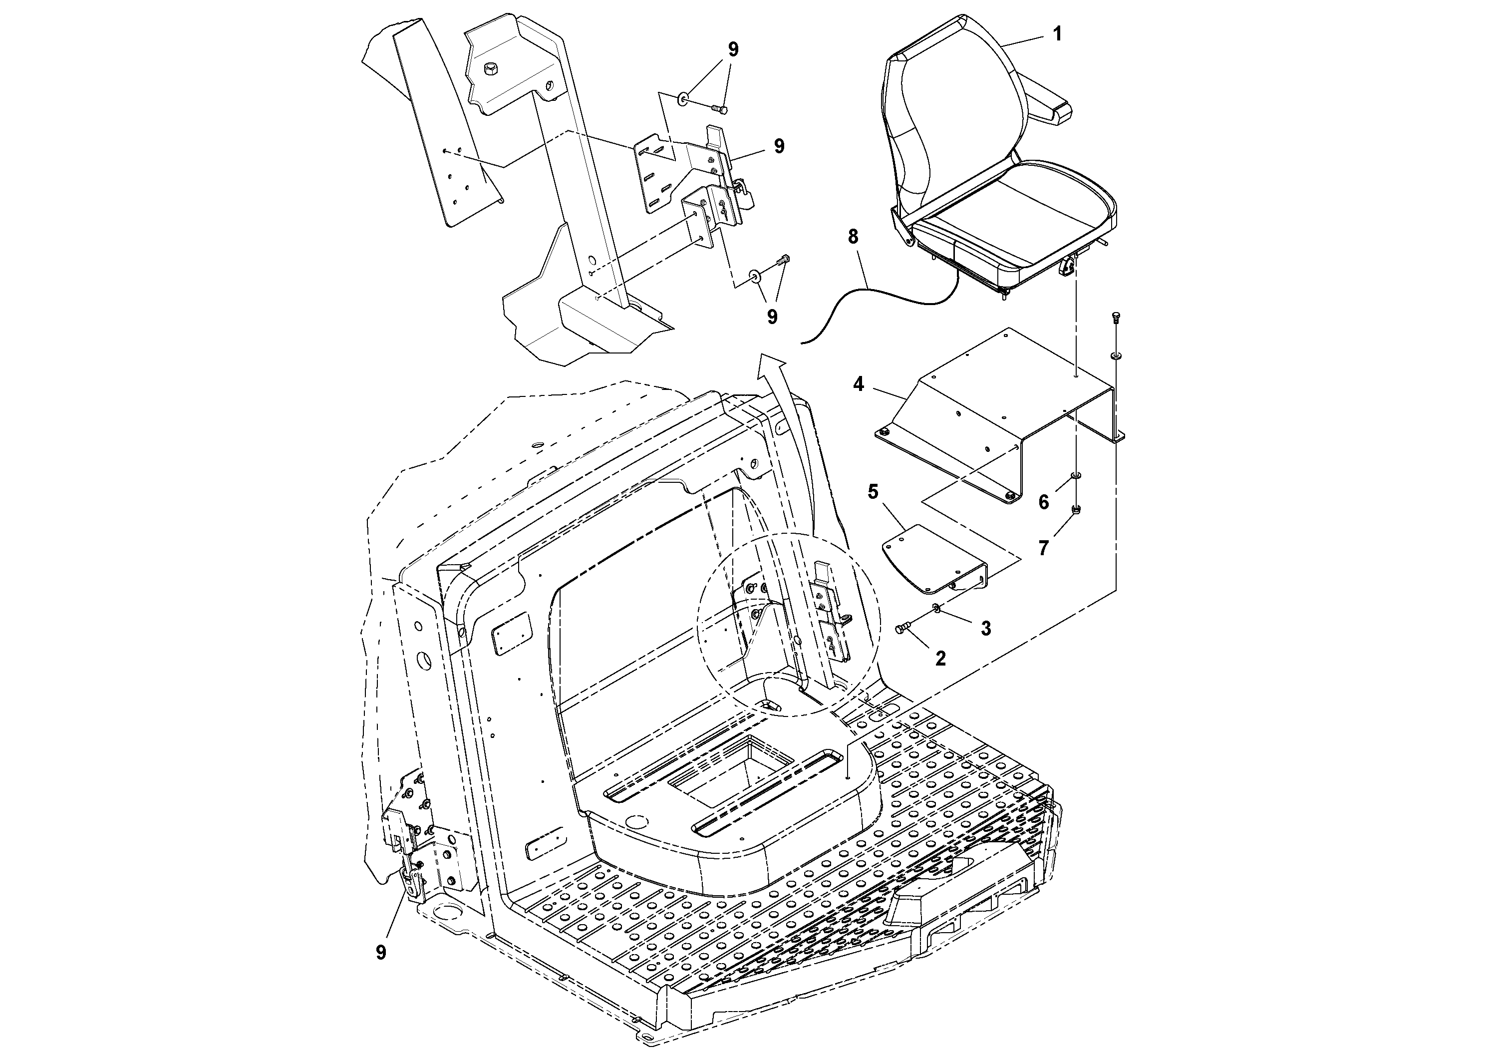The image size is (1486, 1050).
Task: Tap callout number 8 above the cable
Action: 853,237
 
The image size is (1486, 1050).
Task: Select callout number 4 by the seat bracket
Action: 858,384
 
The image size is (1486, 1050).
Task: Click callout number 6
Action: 1043,502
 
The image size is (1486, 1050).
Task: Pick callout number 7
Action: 1043,548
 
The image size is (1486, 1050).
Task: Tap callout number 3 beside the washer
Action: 986,628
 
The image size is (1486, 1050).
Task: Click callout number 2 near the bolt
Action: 940,659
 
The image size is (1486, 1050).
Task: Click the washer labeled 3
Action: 936,607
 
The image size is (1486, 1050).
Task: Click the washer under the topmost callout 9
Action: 683,100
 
